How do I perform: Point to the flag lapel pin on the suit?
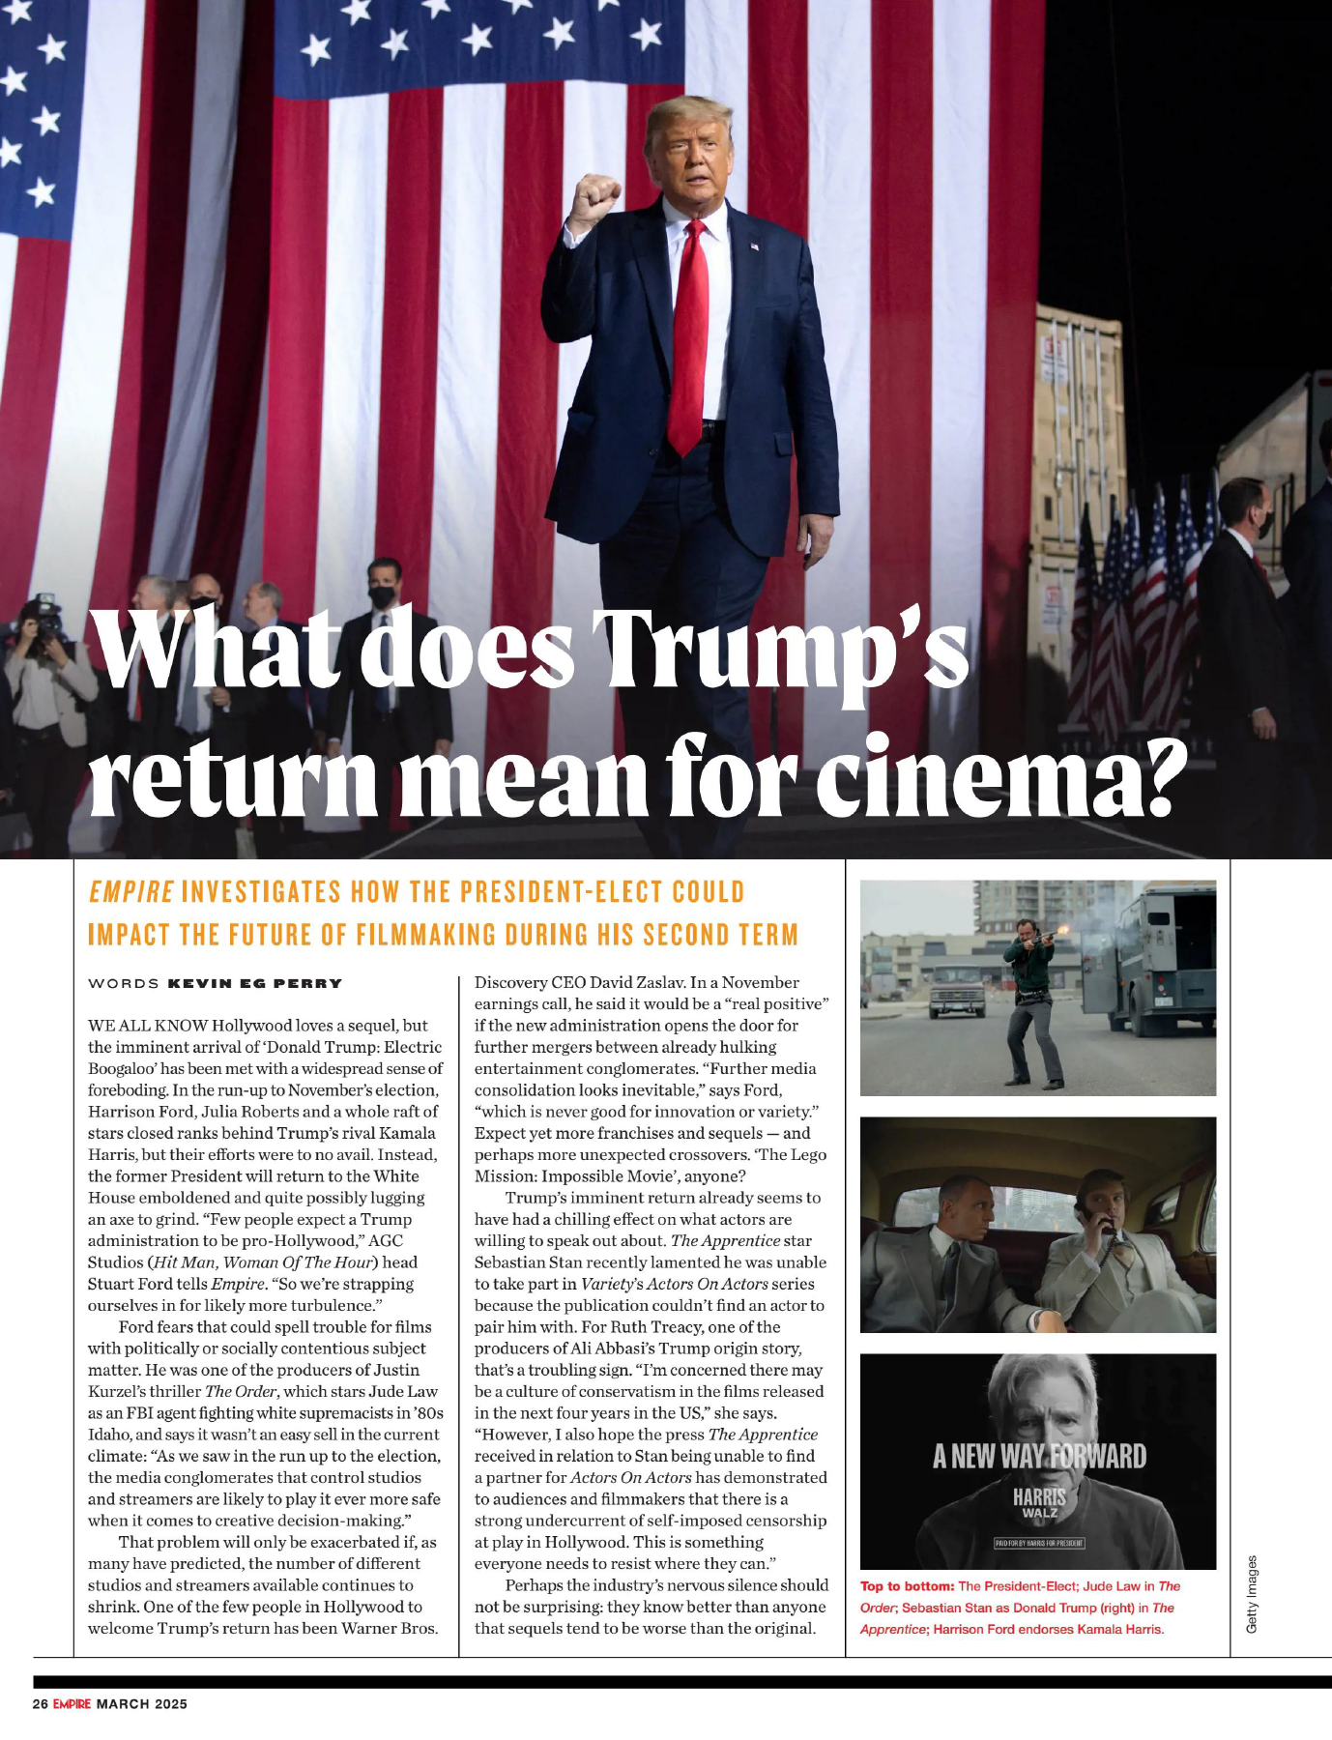tap(754, 246)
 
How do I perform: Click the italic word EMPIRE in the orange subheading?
tap(130, 891)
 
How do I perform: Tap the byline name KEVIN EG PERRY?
tap(255, 983)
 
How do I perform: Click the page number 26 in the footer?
tap(41, 1703)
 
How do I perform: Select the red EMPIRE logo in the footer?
tap(72, 1703)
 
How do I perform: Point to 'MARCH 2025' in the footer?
tap(141, 1703)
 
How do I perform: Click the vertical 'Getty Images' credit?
tap(1252, 1594)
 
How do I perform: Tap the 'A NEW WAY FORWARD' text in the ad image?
tap(1039, 1456)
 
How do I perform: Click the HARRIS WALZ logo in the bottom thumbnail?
tap(1039, 1502)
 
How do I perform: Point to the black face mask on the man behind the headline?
tap(383, 596)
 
